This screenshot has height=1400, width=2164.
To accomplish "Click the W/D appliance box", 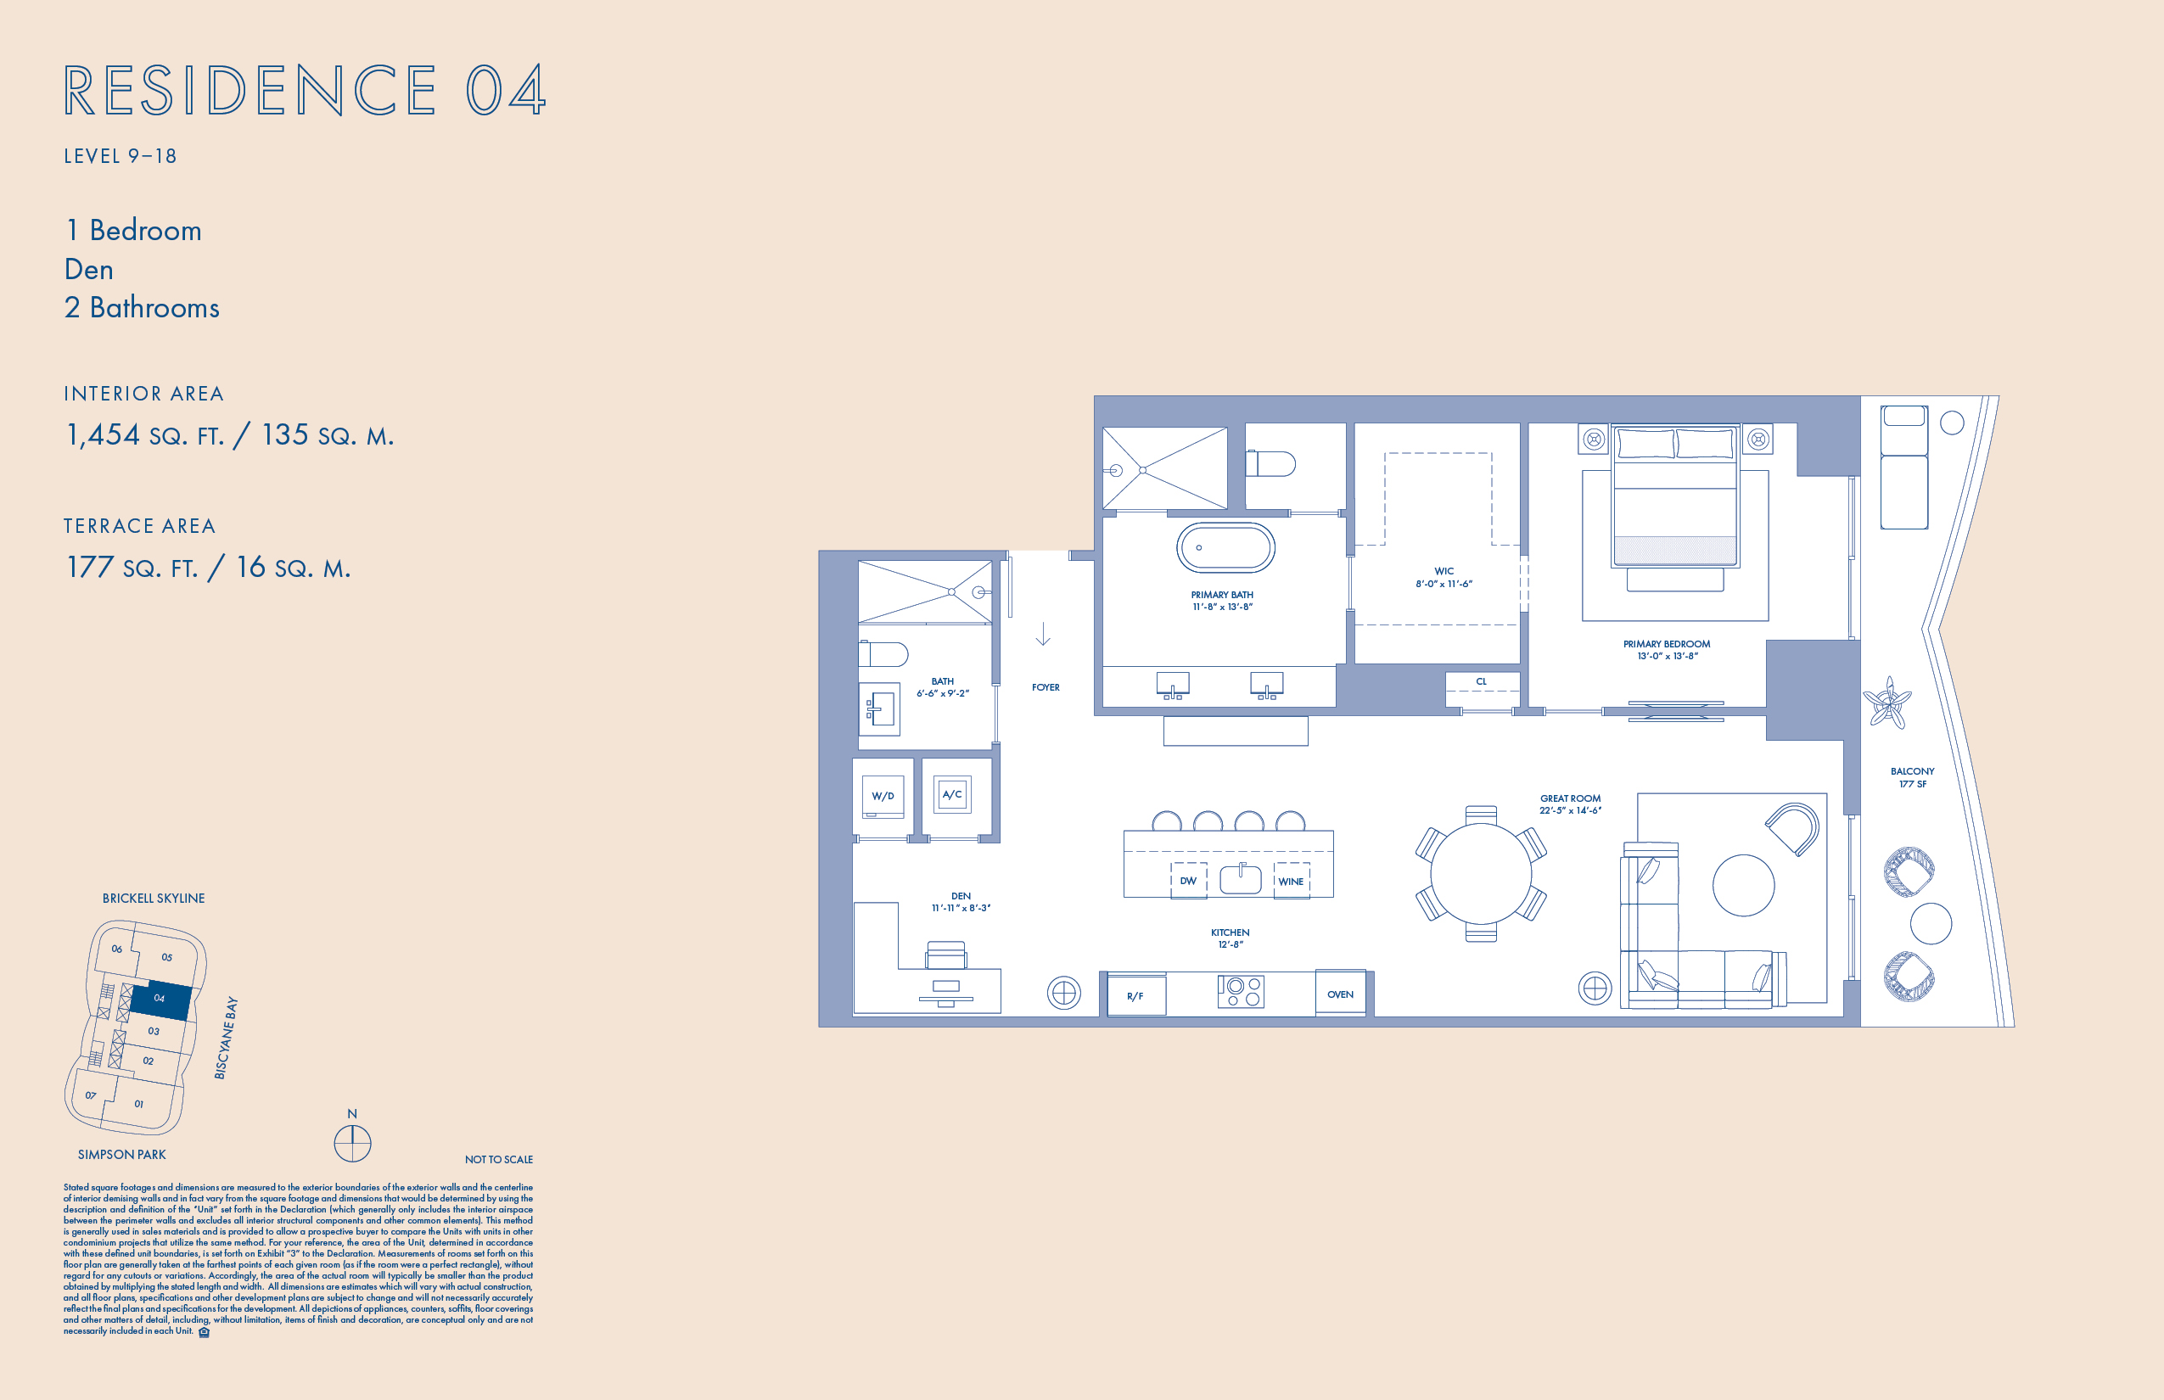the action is [883, 797].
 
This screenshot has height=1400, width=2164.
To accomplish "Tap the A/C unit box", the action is [952, 794].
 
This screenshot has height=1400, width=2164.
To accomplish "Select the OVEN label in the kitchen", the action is [1340, 994].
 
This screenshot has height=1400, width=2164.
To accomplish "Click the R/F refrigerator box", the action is [1135, 994].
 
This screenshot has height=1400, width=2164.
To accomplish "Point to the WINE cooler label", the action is [1291, 882].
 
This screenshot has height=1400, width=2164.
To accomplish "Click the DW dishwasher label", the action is [1188, 881].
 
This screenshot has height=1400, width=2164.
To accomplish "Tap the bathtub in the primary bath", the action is [1225, 547].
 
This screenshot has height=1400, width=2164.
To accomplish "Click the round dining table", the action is [1481, 874].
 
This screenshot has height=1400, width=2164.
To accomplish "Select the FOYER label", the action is [1046, 687].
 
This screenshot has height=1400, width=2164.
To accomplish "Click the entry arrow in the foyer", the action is [1043, 634].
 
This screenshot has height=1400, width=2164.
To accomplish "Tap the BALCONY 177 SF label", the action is [1912, 777].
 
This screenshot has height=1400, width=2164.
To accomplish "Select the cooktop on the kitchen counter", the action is [1240, 992].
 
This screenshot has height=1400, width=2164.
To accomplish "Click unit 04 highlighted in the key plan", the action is [160, 1001].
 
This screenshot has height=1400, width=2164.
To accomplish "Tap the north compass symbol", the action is [353, 1143].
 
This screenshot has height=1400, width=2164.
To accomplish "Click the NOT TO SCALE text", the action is [499, 1159].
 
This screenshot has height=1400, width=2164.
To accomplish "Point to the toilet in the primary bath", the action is [1270, 463].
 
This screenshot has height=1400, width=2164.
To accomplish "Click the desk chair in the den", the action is [945, 955].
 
